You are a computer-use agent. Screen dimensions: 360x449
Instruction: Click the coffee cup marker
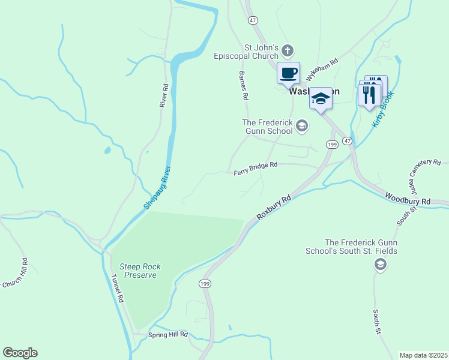[288, 73]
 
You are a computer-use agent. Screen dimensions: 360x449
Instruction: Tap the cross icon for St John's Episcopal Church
[288, 50]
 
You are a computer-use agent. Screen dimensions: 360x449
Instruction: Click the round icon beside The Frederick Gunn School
[302, 126]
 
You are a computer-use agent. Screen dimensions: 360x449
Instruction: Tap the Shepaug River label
[157, 187]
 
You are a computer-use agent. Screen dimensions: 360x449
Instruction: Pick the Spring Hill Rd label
[168, 334]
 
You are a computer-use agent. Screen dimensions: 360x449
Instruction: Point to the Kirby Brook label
[382, 109]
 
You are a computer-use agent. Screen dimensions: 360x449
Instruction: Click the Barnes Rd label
[243, 85]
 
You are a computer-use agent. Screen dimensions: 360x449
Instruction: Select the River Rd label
[163, 95]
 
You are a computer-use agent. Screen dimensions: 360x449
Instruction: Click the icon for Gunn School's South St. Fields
[379, 265]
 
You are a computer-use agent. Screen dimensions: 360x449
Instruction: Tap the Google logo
[20, 353]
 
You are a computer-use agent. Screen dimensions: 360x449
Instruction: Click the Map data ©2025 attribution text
[423, 355]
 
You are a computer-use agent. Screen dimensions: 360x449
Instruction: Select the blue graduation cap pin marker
[321, 99]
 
